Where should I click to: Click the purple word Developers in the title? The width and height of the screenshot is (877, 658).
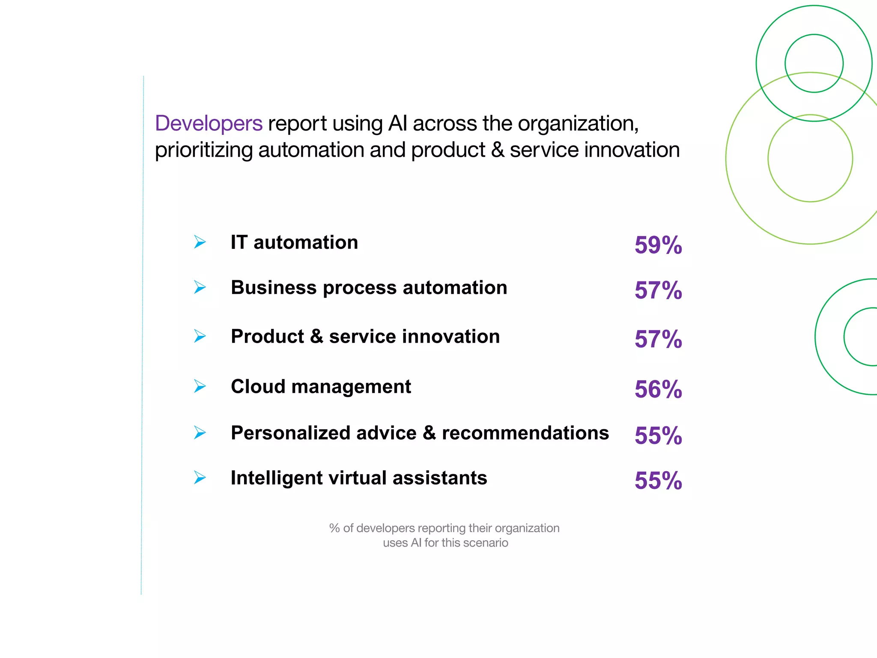tap(209, 124)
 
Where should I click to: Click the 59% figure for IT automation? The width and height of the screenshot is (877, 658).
tap(658, 245)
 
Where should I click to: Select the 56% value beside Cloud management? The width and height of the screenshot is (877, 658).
tap(658, 390)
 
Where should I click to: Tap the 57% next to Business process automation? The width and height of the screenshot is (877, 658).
tap(658, 290)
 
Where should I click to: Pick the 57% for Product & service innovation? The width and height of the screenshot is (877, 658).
tap(658, 340)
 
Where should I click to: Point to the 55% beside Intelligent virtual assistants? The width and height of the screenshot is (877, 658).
tap(658, 481)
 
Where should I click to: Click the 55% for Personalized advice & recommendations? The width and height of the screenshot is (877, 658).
tap(658, 436)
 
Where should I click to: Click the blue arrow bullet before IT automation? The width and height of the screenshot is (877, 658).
tap(200, 242)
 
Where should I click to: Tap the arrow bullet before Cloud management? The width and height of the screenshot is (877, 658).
tap(200, 386)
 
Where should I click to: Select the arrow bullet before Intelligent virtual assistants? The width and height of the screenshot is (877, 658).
tap(200, 477)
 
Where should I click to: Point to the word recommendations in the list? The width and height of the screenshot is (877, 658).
tap(525, 433)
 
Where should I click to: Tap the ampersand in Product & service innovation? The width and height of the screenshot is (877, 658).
tap(316, 336)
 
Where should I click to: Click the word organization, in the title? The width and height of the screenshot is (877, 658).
tap(578, 124)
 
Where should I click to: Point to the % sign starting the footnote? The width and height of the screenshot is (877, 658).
tap(334, 528)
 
